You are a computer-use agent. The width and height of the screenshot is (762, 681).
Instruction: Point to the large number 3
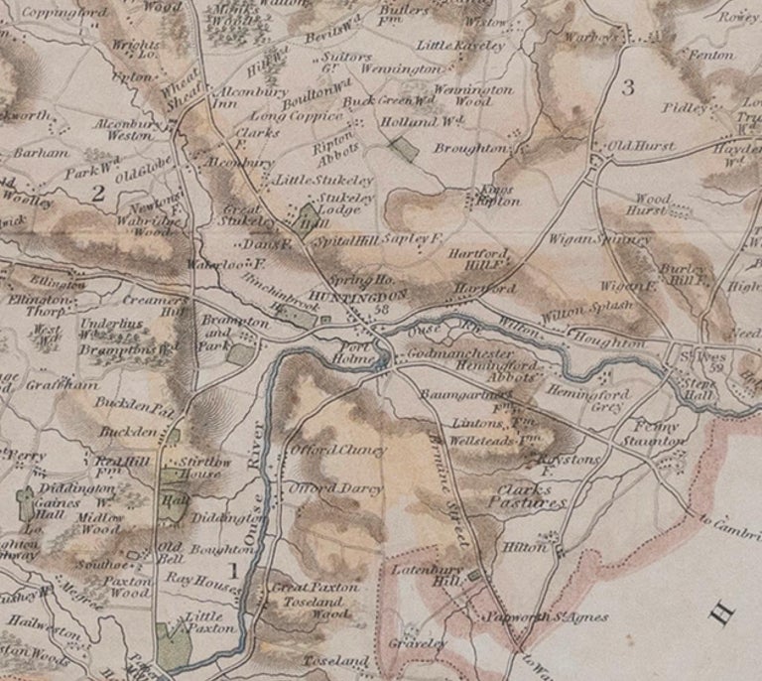click(x=627, y=87)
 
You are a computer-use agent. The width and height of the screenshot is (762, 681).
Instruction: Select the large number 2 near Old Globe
click(x=97, y=194)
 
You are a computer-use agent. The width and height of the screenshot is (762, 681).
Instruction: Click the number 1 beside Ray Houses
click(x=233, y=570)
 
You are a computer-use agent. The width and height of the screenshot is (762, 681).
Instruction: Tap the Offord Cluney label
click(x=336, y=450)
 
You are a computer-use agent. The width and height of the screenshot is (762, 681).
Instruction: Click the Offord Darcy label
click(x=335, y=489)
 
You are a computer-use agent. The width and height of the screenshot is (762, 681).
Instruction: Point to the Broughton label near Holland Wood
click(x=470, y=148)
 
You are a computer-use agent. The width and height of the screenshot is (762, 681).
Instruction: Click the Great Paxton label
click(x=315, y=587)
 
